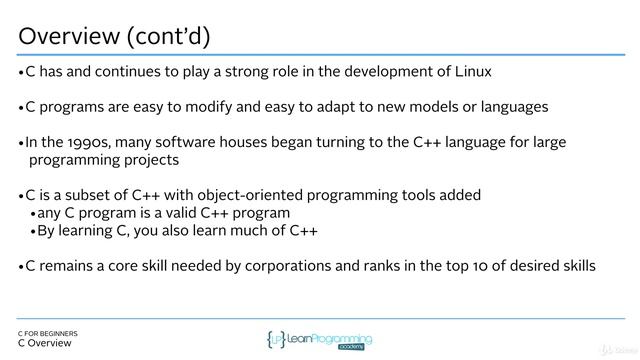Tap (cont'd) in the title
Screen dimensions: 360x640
pos(176,36)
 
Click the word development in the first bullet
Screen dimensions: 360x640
pos(380,72)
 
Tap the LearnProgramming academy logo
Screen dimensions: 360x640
pos(320,340)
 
